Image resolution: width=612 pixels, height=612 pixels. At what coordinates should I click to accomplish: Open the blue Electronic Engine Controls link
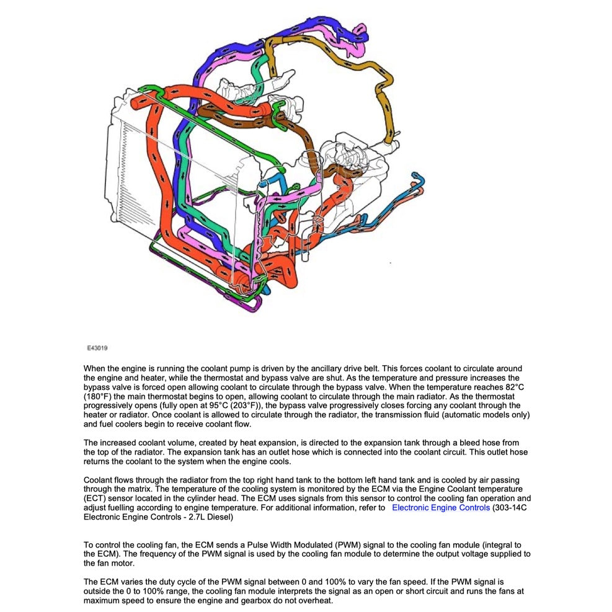click(440, 507)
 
